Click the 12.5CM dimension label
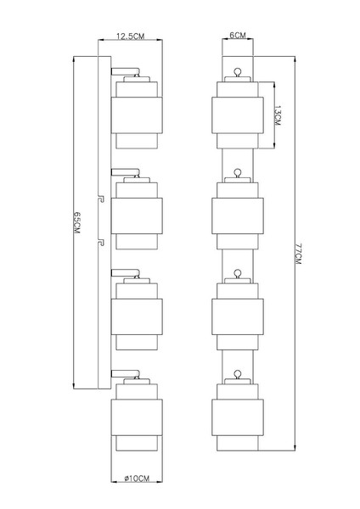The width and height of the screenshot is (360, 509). (130, 36)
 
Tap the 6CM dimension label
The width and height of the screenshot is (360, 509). (238, 35)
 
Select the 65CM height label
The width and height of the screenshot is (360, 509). (76, 222)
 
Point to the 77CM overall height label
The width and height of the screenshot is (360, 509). (299, 254)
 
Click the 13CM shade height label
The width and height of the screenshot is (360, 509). (277, 115)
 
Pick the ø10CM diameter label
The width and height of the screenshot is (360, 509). (137, 478)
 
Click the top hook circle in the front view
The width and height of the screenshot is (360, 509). (238, 71)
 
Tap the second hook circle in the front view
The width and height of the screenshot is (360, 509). (238, 172)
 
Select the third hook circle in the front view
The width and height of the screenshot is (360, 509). (238, 273)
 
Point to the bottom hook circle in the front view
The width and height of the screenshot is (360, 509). (238, 373)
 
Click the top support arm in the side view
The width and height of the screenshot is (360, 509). (125, 71)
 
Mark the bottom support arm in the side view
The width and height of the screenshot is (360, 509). (125, 373)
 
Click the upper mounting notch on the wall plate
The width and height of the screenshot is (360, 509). (101, 199)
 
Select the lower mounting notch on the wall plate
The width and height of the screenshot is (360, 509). (101, 243)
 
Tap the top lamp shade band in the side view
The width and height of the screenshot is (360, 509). (137, 115)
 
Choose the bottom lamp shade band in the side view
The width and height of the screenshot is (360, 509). (137, 417)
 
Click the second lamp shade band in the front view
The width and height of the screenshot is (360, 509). (238, 215)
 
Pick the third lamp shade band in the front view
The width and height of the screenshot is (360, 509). (238, 316)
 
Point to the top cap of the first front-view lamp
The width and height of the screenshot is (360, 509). (238, 79)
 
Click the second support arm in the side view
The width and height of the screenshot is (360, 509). (125, 172)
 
